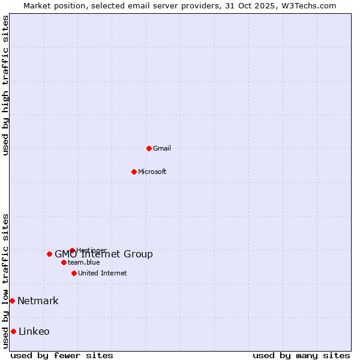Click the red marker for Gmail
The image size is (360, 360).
pyautogui.click(x=149, y=148)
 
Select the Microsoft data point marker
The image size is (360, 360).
pyautogui.click(x=134, y=172)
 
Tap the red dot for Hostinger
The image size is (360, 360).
pyautogui.click(x=72, y=250)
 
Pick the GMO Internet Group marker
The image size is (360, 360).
pyautogui.click(x=49, y=254)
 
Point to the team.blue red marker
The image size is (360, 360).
pyautogui.click(x=64, y=262)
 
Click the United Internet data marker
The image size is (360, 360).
pyautogui.click(x=74, y=273)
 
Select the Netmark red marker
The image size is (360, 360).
pyautogui.click(x=12, y=301)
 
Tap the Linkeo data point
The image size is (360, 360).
pyautogui.click(x=13, y=331)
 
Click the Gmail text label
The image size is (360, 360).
pyautogui.click(x=162, y=148)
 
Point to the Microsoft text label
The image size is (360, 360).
pyautogui.click(x=152, y=172)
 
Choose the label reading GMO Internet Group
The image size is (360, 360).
pyautogui.click(x=104, y=254)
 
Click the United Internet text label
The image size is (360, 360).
pyautogui.click(x=103, y=273)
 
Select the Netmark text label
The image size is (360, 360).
pyautogui.click(x=38, y=301)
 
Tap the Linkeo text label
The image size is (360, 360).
pyautogui.click(x=34, y=331)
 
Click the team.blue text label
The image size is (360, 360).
pyautogui.click(x=84, y=262)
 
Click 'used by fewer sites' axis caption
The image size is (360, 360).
pyautogui.click(x=62, y=355)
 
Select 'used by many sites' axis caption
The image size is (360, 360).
pyautogui.click(x=301, y=355)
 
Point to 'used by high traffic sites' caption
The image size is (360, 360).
pyautogui.click(x=5, y=85)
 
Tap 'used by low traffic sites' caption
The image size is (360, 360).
pyautogui.click(x=5, y=281)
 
